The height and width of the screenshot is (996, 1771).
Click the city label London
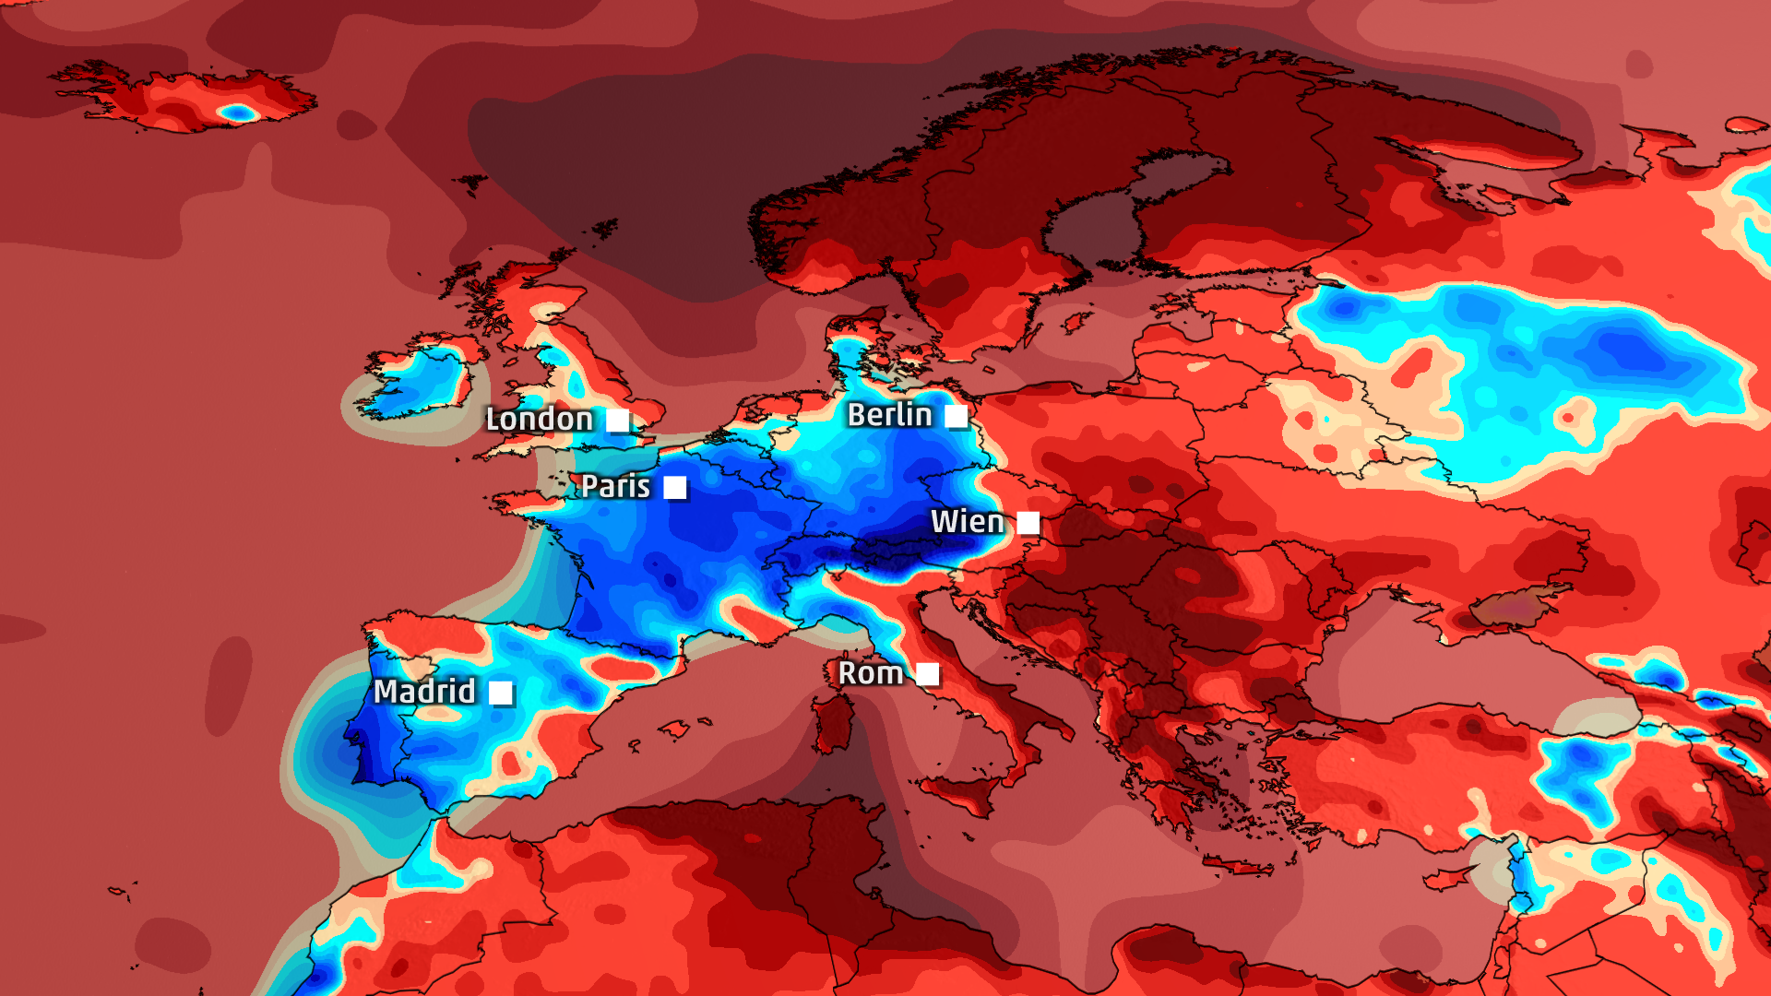point(540,420)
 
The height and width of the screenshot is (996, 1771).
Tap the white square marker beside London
point(618,421)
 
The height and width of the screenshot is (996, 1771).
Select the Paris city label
point(615,486)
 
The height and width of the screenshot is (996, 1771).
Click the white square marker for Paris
point(675,488)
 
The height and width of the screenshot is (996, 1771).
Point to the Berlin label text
point(889,415)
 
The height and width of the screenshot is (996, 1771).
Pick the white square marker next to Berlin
point(957,417)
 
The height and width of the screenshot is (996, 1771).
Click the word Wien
point(967,522)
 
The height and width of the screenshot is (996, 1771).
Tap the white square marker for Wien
point(1028,524)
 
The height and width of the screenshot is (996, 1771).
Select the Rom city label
point(870,673)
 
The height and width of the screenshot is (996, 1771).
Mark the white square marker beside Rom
point(928,675)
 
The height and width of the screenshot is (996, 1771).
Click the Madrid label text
point(424,692)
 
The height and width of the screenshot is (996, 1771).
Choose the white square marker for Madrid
point(501,693)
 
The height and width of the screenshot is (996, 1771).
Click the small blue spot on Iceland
point(239,113)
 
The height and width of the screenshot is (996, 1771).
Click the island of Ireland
point(415,383)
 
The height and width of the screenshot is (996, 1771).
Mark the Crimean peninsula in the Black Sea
point(1513,604)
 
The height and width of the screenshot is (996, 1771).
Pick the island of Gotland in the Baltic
point(1076,323)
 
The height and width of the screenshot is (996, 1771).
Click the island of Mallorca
point(673,730)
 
